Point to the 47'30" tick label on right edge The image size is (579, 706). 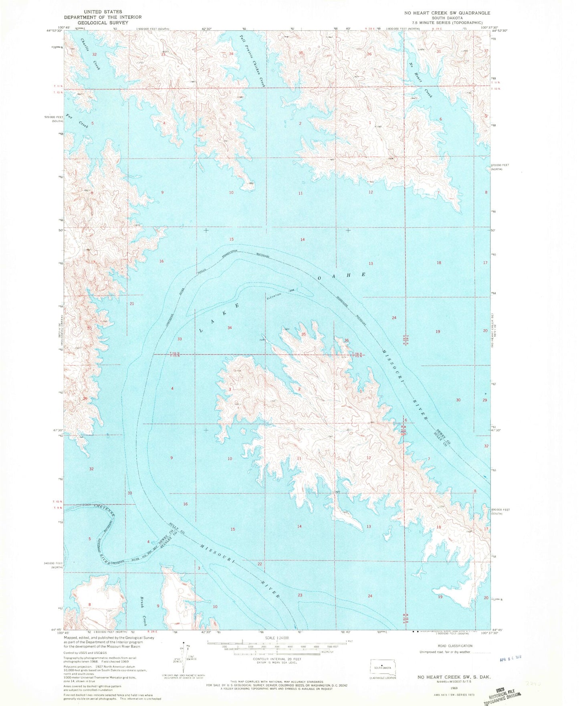click(x=497, y=430)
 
